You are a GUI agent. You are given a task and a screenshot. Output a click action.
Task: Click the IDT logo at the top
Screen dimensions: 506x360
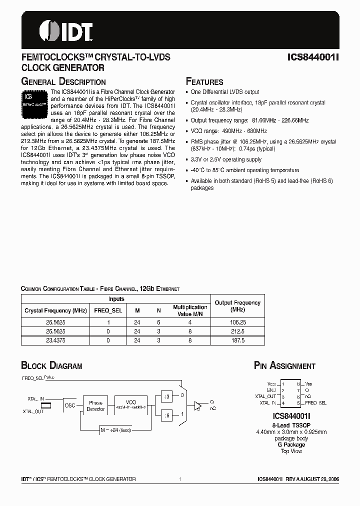tap(65, 31)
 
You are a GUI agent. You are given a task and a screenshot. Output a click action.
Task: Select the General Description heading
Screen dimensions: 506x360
tap(63, 81)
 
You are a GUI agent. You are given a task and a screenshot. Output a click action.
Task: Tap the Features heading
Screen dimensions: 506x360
tap(204, 81)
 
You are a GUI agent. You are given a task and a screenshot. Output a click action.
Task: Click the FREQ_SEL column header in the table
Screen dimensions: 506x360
tap(108, 310)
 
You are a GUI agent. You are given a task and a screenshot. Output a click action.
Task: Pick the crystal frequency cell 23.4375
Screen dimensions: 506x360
tap(54, 340)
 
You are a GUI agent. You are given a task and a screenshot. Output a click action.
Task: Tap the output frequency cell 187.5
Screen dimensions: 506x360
tap(237, 340)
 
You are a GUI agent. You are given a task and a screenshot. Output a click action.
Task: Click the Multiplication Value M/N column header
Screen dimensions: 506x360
tap(190, 310)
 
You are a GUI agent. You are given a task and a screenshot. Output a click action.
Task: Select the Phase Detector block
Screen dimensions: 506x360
tap(95, 405)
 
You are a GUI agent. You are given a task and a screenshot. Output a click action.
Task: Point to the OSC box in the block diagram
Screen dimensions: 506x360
tap(70, 405)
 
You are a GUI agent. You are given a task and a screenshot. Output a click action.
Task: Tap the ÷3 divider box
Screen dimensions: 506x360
tap(167, 396)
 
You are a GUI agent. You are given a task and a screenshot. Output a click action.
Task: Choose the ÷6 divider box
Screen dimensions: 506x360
tap(167, 415)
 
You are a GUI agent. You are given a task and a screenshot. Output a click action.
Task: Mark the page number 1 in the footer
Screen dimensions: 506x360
tap(179, 479)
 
